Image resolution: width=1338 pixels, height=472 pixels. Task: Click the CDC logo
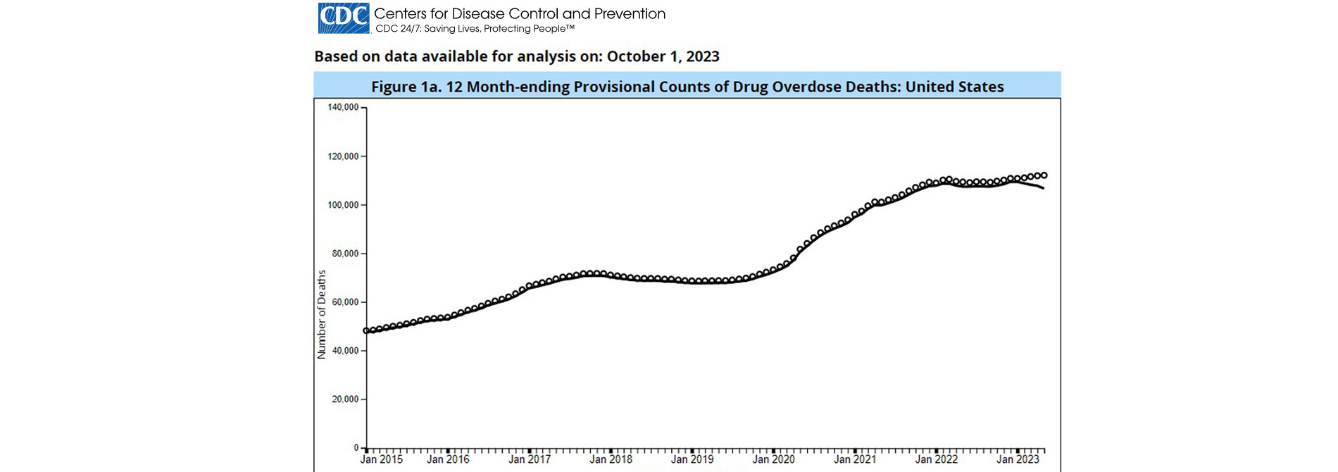pos(344,18)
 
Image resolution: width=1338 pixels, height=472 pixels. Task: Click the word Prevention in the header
pos(629,13)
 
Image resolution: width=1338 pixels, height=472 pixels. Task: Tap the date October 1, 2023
pos(663,56)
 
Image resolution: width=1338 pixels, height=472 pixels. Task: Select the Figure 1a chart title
pos(687,87)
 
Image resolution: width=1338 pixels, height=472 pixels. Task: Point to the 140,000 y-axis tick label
pos(343,108)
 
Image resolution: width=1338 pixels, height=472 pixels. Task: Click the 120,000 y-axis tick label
pos(343,156)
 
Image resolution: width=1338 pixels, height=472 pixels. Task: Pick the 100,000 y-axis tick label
pos(343,205)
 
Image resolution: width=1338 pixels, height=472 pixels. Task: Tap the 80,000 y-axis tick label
pos(345,254)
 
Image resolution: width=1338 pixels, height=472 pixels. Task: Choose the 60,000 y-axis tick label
pos(345,302)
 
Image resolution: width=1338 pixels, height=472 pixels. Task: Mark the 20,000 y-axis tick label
pos(345,399)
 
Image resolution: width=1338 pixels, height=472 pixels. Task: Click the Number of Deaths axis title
pos(322,314)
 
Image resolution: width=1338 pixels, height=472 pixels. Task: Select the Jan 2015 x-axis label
pos(381,459)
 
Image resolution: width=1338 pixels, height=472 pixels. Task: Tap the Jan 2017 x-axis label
pos(530,459)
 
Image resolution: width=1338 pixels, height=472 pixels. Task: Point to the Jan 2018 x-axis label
pos(611,459)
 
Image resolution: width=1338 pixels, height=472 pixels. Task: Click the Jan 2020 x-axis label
pos(773,459)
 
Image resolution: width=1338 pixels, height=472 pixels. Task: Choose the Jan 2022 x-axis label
pos(936,459)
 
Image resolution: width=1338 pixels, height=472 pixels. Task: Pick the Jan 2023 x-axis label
pos(1018,459)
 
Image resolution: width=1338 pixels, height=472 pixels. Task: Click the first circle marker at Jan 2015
pos(366,330)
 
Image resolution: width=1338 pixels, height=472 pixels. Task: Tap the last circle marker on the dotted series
pos(1044,175)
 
